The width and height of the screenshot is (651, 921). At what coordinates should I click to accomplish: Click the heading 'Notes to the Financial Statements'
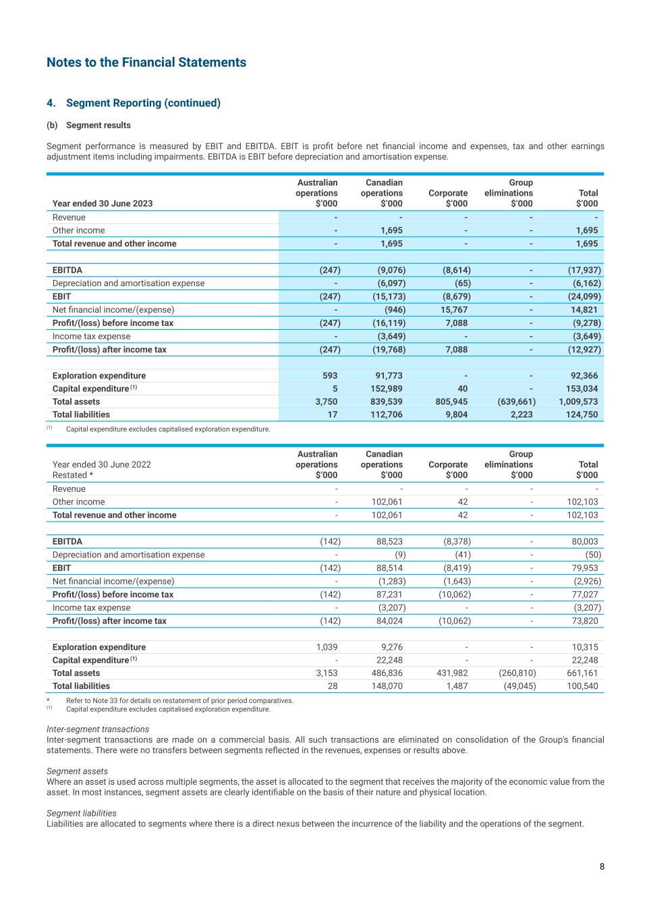click(x=146, y=63)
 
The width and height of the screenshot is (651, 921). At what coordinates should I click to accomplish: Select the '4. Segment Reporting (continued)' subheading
click(x=134, y=103)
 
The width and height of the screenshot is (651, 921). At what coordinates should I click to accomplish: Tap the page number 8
click(x=602, y=867)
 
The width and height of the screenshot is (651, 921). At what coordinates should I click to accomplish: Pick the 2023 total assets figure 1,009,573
click(x=578, y=401)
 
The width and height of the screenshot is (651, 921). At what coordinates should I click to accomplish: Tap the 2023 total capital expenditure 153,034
click(x=582, y=389)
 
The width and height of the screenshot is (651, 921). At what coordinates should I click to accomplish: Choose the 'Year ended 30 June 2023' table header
click(x=103, y=204)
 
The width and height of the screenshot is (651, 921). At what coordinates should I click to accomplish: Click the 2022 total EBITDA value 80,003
click(x=584, y=541)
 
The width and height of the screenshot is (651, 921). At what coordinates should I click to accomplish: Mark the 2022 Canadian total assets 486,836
click(x=387, y=673)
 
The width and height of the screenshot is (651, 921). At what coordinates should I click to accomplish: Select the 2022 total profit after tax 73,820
click(x=584, y=621)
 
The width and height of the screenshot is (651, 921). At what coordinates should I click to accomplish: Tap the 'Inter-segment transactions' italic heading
click(x=98, y=729)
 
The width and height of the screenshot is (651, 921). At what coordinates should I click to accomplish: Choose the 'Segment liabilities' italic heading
click(x=82, y=813)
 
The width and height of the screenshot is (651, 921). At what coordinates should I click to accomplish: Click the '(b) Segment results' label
click(x=88, y=125)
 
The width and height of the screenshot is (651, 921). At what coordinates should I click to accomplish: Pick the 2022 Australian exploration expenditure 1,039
click(x=327, y=647)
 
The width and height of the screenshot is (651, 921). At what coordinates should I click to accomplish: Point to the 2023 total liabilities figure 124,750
click(x=582, y=415)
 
